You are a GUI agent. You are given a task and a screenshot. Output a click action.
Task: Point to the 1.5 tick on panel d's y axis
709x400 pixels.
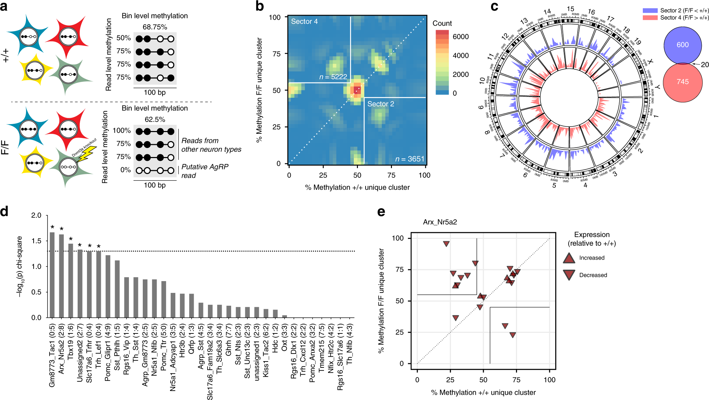(36, 241)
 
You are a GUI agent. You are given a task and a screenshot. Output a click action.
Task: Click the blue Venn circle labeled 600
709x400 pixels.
(682, 45)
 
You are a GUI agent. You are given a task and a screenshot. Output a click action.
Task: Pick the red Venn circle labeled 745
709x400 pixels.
(682, 82)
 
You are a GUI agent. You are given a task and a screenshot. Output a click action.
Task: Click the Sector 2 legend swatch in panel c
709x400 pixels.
(650, 11)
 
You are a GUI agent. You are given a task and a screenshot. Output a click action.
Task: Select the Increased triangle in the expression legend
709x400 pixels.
(569, 258)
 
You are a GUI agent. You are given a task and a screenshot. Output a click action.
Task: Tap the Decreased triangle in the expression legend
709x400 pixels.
(569, 275)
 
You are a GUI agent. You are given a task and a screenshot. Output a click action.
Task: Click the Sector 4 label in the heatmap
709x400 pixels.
(304, 21)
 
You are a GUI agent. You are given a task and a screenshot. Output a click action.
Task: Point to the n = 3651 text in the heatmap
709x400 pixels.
(410, 159)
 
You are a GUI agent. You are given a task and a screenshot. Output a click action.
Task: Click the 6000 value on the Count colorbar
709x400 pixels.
(461, 37)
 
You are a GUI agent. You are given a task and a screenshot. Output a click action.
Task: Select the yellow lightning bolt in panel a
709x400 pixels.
(86, 154)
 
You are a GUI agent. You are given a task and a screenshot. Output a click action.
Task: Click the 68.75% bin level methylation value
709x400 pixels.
(155, 27)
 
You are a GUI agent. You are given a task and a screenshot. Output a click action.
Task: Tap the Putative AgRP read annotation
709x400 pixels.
(204, 171)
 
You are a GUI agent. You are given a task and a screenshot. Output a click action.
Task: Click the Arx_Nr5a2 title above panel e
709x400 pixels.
(440, 222)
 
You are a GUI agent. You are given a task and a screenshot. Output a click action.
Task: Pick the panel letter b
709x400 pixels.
(260, 6)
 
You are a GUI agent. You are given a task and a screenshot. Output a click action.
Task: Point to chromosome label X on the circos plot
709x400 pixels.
(650, 62)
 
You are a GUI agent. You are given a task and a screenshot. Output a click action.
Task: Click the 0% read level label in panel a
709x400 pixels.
(125, 170)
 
